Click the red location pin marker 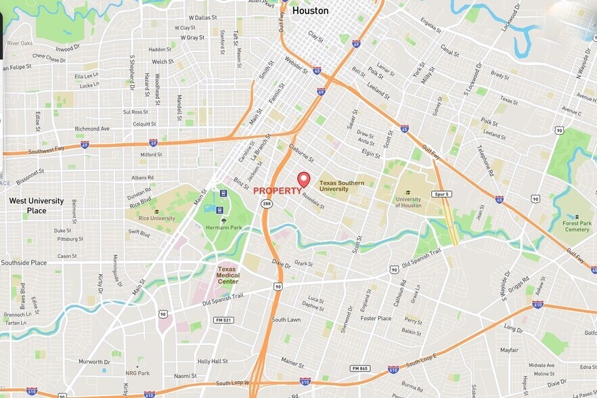304,179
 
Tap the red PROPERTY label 278,191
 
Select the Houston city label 310,11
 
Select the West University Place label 37,206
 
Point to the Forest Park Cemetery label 577,226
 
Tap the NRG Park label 137,373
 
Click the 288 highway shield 267,204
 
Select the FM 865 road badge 359,368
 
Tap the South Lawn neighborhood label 286,319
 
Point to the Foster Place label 376,318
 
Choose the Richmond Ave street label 92,129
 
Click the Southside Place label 24,263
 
